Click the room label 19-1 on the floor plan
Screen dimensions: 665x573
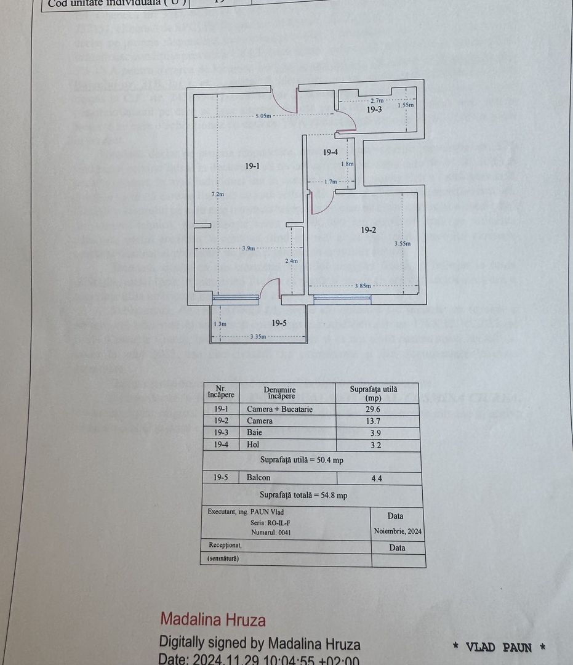252,166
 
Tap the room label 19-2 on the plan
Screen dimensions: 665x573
369,230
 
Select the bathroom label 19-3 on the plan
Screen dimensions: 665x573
375,110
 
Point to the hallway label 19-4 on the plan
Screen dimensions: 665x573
331,152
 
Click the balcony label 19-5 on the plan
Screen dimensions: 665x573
279,323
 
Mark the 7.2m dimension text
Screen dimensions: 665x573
217,195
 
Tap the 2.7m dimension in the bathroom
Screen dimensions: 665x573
377,100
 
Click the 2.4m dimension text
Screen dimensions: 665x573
291,261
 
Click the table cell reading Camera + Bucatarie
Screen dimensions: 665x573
279,409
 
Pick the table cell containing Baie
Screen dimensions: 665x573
254,433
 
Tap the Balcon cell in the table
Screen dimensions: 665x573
258,477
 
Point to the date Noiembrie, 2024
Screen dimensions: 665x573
398,531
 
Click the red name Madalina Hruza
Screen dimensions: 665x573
213,619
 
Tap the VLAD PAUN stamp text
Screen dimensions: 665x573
499,647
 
